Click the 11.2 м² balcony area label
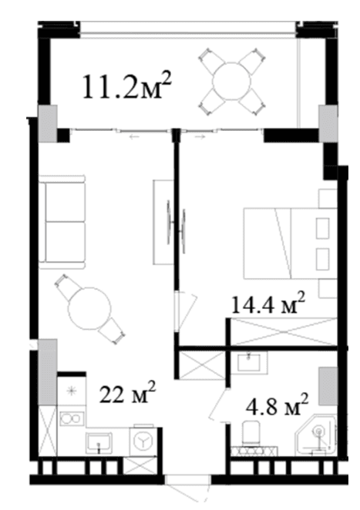127,86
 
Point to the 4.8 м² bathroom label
276,404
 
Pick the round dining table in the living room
89,308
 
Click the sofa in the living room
62,222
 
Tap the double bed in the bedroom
290,243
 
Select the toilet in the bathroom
251,433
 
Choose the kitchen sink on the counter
99,442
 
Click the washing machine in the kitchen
142,440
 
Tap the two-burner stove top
72,418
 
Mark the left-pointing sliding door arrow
134,137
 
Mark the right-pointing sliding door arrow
201,137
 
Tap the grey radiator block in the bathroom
328,386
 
